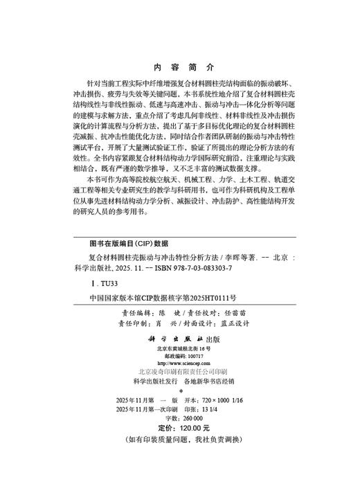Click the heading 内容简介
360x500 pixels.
point(179,67)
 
